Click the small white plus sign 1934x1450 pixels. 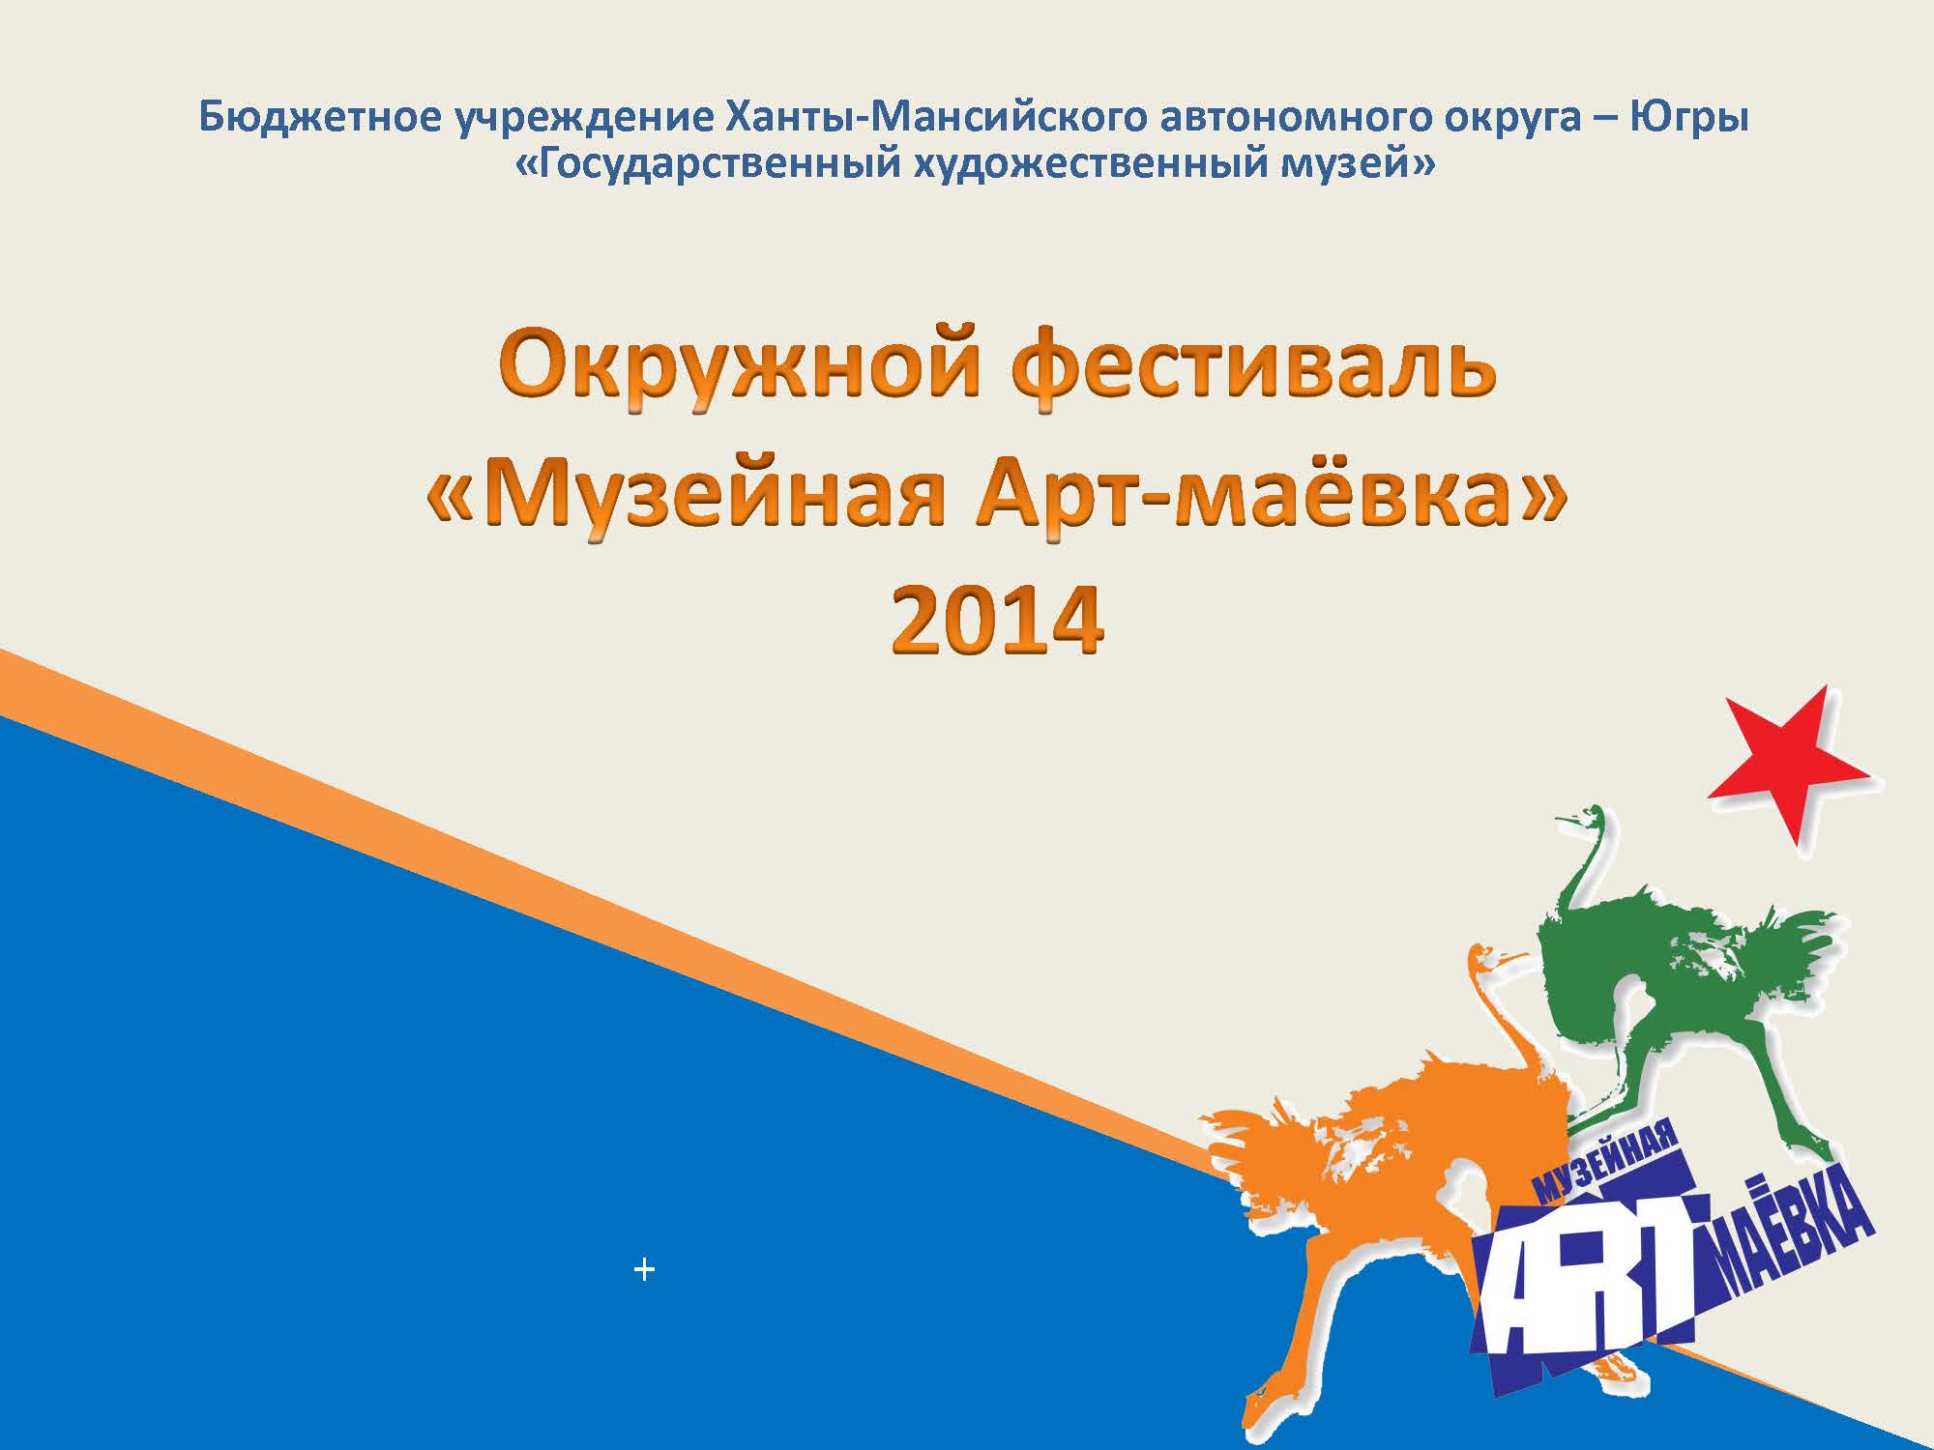coord(644,1269)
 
